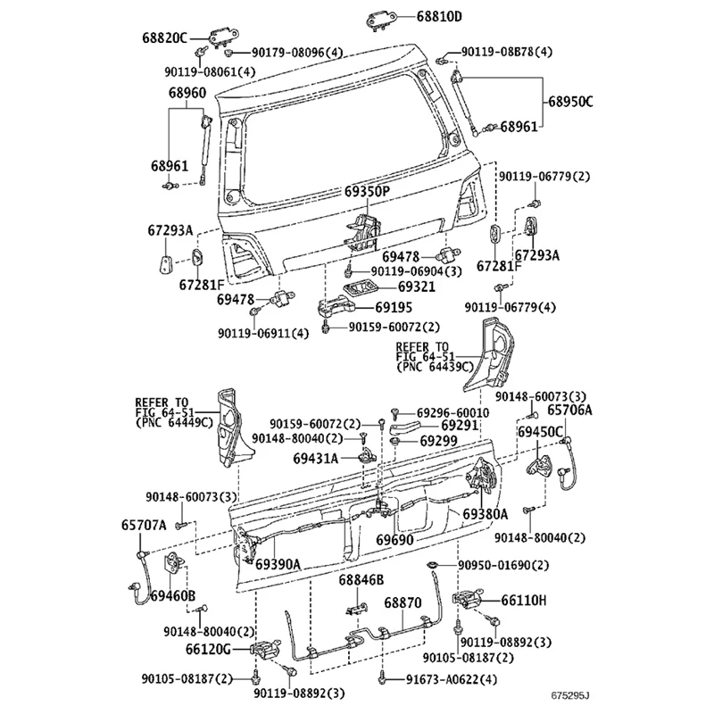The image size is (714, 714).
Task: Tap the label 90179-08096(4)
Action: pos(295,54)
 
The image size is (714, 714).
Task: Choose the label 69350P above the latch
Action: pos(367,192)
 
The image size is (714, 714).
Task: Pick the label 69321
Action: pos(417,287)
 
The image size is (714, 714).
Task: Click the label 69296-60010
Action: pos(454,413)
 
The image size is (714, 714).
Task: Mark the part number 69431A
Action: pos(316,459)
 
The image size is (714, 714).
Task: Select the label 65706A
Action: pos(569,410)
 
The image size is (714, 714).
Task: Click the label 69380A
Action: pos(485,514)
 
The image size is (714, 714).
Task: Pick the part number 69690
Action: pos(394,541)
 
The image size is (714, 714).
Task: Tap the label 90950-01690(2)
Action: pos(504,565)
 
